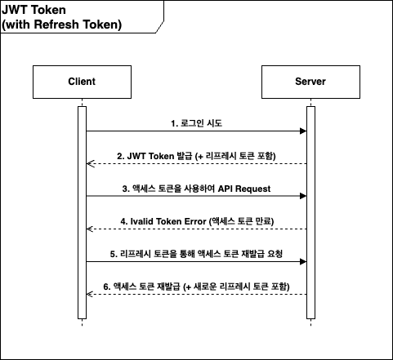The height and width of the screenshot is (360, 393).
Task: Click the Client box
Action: tap(82, 82)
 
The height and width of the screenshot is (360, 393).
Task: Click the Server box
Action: tap(310, 82)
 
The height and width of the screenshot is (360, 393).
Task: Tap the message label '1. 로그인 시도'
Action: tap(196, 123)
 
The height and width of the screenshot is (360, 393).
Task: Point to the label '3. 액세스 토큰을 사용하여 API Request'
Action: tap(196, 189)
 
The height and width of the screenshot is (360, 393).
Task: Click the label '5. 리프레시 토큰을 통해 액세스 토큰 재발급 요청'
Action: tap(196, 254)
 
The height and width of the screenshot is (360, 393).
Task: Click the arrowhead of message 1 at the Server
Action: tap(302, 131)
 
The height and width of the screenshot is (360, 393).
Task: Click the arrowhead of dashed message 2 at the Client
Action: tap(91, 163)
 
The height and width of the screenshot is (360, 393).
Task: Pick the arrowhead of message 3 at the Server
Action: tap(302, 196)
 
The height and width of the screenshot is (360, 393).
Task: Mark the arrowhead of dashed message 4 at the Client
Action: tap(91, 229)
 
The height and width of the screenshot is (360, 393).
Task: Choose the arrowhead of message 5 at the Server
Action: tap(302, 261)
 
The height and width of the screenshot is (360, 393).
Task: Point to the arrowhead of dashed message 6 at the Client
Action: tap(91, 294)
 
